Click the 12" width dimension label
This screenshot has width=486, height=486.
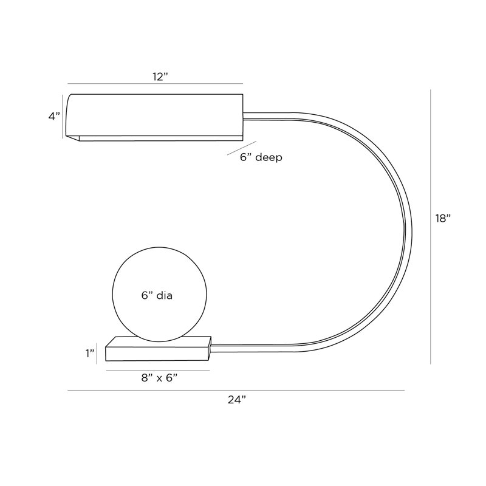coord(160,77)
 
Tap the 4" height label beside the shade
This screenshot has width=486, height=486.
coord(54,116)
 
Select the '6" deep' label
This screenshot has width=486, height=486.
coord(261,157)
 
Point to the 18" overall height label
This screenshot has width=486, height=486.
coord(443,218)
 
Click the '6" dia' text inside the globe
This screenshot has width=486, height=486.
coord(157,295)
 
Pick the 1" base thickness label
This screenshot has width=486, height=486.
coord(90,353)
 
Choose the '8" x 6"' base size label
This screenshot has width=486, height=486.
coord(159,378)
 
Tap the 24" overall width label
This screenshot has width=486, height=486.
coord(237,400)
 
